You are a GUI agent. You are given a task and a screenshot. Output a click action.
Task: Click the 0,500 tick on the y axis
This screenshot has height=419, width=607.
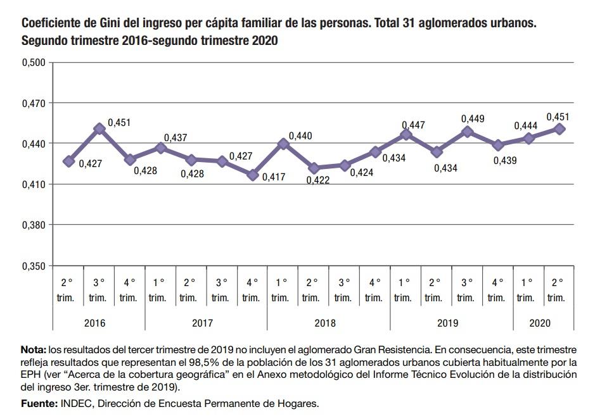pyautogui.click(x=34, y=62)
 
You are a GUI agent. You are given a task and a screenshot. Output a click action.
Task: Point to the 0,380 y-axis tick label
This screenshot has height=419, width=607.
pyautogui.click(x=34, y=225)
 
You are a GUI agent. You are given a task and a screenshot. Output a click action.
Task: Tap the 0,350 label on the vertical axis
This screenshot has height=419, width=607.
pyautogui.click(x=34, y=266)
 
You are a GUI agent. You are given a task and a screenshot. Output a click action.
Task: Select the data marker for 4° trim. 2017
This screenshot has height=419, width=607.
pyautogui.click(x=253, y=175)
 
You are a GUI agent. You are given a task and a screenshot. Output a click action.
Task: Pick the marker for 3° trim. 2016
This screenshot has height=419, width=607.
pyautogui.click(x=99, y=128)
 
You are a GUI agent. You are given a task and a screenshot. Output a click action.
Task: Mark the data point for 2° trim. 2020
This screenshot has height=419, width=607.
pyautogui.click(x=559, y=128)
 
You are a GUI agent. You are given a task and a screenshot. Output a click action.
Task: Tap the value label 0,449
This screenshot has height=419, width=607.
pyautogui.click(x=473, y=118)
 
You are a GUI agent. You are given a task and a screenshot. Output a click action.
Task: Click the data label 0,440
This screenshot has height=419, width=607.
pyautogui.click(x=300, y=136)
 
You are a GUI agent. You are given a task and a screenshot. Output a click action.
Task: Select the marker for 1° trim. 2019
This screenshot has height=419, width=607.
pyautogui.click(x=406, y=134)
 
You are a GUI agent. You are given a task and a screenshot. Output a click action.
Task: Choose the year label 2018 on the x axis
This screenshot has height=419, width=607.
pyautogui.click(x=325, y=323)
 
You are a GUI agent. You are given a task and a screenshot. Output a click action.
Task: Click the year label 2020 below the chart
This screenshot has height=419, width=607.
pyautogui.click(x=540, y=323)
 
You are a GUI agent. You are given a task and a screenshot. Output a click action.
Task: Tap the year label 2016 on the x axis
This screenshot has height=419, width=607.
pyautogui.click(x=94, y=323)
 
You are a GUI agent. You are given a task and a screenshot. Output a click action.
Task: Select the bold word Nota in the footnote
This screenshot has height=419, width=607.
pyautogui.click(x=32, y=350)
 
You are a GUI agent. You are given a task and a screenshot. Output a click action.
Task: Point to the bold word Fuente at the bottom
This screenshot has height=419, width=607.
pyautogui.click(x=38, y=403)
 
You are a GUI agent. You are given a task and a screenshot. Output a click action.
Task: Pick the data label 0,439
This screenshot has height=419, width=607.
pyautogui.click(x=505, y=161)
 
